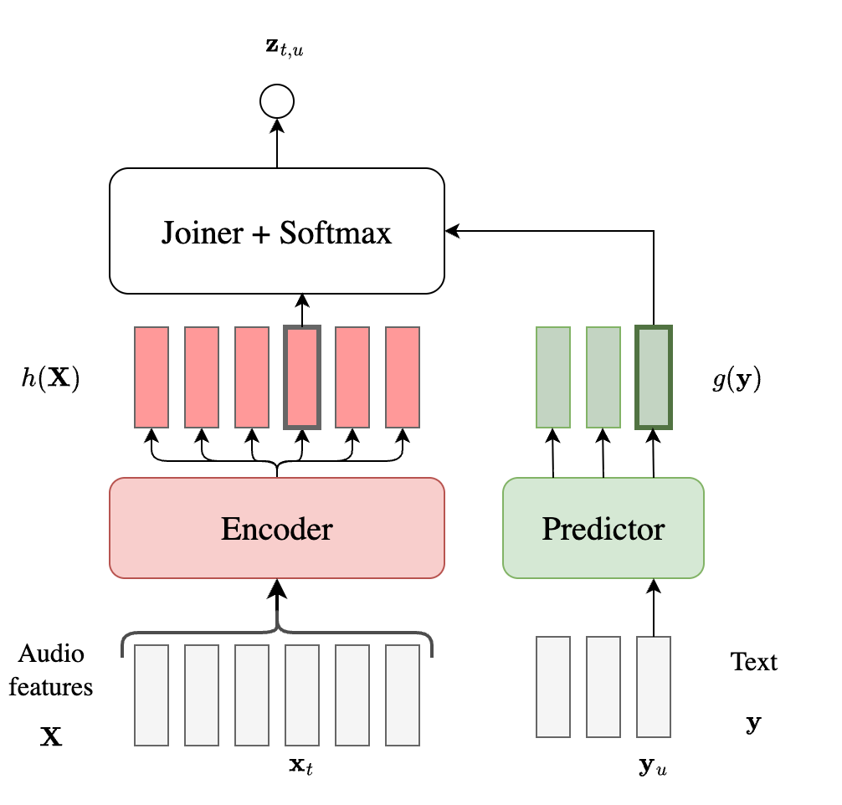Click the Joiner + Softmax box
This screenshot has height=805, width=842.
click(x=276, y=231)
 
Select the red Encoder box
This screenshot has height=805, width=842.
click(x=276, y=528)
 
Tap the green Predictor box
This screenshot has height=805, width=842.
click(x=603, y=528)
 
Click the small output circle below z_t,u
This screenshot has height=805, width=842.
click(x=277, y=102)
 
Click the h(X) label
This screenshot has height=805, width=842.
click(x=50, y=379)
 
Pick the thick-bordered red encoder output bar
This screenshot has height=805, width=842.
click(x=302, y=377)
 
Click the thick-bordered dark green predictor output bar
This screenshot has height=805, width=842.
click(x=654, y=377)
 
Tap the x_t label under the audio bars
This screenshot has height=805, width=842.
click(x=302, y=765)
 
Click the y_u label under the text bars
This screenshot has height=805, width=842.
click(x=653, y=766)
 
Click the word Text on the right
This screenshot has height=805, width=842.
click(x=753, y=662)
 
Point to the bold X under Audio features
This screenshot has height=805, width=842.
click(x=51, y=737)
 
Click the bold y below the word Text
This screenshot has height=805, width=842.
click(x=753, y=723)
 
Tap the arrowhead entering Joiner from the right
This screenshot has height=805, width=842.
click(x=452, y=231)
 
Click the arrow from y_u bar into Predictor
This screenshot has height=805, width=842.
click(x=654, y=608)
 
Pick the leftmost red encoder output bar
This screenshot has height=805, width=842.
click(x=151, y=377)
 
